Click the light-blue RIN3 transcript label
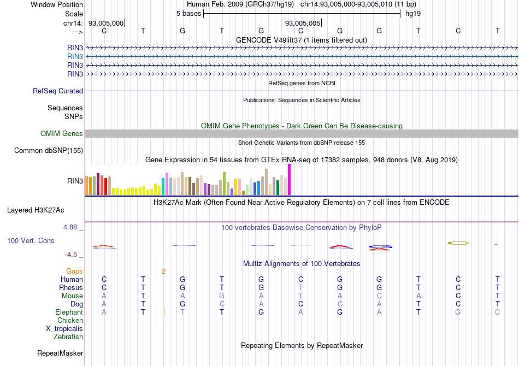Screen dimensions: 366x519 [75, 56]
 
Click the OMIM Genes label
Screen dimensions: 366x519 [62, 134]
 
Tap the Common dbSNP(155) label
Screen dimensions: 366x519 [49, 151]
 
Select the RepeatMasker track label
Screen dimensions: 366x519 [60, 353]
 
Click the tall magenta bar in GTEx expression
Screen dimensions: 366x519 [289, 179]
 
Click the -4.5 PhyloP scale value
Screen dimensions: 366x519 [74, 255]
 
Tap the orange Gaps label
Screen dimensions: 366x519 [74, 271]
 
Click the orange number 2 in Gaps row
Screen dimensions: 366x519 [163, 271]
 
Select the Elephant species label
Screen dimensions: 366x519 [69, 312]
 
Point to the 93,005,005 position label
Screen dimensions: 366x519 [302, 23]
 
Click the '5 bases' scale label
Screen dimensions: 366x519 [188, 13]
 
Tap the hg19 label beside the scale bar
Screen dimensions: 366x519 [412, 13]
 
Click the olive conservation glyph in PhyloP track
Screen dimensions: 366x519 [458, 242]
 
